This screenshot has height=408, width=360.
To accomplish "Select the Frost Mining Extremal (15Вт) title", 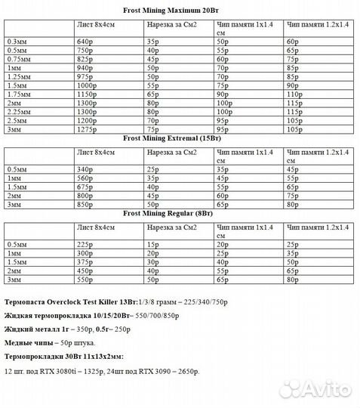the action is coord(180,139).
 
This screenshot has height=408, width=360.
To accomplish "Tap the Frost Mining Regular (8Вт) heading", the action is coord(180,214).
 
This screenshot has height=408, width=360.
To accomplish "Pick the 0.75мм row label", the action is coord(19,58).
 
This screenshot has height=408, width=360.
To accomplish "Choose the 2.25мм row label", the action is coord(19,112).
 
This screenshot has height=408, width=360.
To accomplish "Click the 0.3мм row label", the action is coord(17,40).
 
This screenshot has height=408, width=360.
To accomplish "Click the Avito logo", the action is coord(317,388).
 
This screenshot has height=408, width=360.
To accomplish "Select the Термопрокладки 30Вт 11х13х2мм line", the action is coord(63,355).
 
